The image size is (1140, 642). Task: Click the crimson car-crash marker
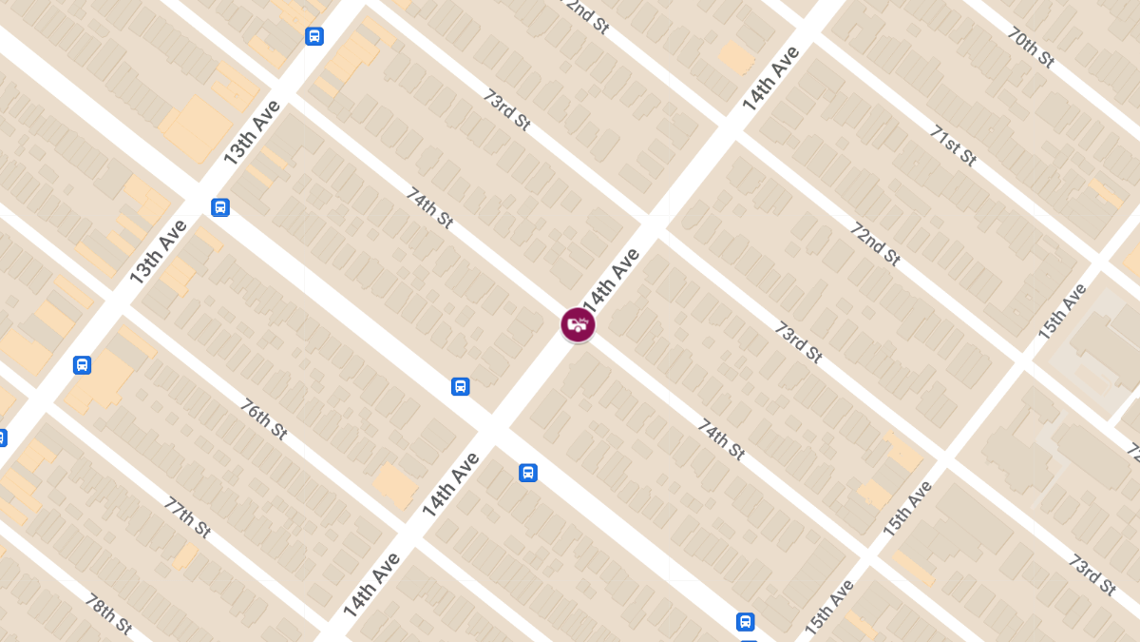tap(578, 324)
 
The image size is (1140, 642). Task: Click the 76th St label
tap(263, 419)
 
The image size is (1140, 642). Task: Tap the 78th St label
tap(108, 615)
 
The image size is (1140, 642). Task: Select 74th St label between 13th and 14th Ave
tap(429, 207)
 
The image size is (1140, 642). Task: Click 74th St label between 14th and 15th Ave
tap(721, 438)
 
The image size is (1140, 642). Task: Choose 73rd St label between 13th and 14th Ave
tap(506, 108)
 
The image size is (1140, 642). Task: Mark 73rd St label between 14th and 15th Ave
tap(798, 341)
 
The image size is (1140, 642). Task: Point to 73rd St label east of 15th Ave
tap(1092, 574)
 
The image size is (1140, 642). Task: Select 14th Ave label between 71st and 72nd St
tap(771, 78)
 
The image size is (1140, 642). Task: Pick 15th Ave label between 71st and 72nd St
tap(1061, 312)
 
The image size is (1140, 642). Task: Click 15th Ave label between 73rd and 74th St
tap(906, 509)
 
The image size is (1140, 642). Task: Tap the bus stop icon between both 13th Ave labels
tap(220, 207)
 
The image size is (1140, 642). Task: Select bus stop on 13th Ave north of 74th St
tap(314, 36)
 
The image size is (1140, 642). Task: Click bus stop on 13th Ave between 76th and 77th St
tap(83, 364)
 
